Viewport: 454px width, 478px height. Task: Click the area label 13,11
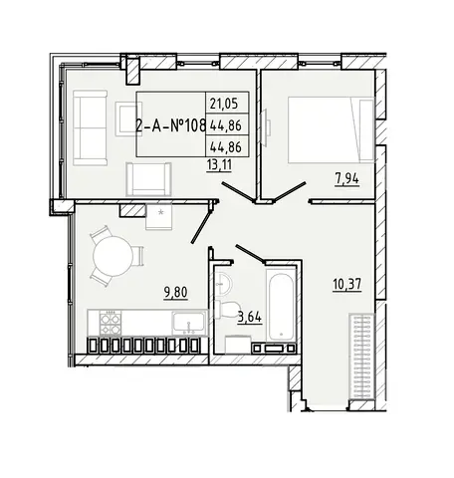[x=219, y=164]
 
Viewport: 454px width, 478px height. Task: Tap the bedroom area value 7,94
[x=346, y=179]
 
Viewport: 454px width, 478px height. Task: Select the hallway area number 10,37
[x=347, y=285]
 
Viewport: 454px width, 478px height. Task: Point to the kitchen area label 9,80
[x=175, y=293]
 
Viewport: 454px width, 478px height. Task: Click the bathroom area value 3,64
[x=250, y=318]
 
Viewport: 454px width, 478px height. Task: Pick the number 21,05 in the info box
[x=224, y=104]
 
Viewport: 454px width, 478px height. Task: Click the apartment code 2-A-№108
[x=171, y=125]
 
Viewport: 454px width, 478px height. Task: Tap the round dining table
[x=113, y=256]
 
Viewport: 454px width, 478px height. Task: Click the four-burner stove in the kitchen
[x=111, y=323]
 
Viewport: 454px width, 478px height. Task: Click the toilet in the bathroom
[x=228, y=309]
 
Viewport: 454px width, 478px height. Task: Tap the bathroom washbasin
[x=225, y=283]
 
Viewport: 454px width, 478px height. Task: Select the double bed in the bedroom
[x=331, y=129]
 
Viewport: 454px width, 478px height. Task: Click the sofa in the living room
[x=91, y=127]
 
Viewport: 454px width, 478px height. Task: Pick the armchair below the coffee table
[x=148, y=179]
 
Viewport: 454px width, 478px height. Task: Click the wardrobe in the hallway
[x=361, y=358]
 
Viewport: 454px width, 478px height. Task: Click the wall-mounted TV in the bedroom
[x=266, y=127]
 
